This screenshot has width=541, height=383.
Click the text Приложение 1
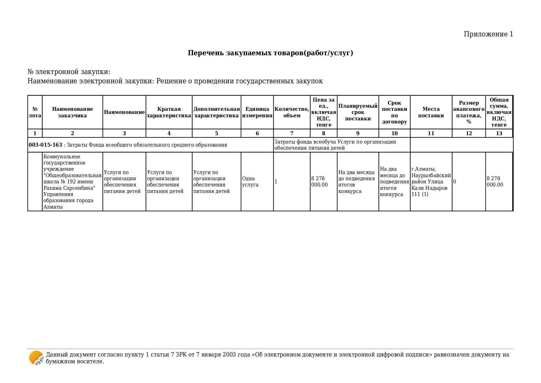(x=488, y=34)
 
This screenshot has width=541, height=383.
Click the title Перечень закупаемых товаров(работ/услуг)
(x=270, y=53)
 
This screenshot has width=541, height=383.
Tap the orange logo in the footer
(x=36, y=358)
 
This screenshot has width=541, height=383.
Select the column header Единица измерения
(x=257, y=112)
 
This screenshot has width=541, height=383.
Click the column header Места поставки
(x=431, y=112)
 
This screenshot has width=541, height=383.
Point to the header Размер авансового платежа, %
(x=469, y=112)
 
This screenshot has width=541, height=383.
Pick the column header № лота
(x=35, y=112)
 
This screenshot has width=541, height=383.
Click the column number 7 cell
(x=291, y=133)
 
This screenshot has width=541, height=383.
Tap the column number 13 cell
(x=499, y=133)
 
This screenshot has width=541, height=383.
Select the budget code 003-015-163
(x=45, y=145)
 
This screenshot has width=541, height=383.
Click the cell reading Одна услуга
(x=250, y=181)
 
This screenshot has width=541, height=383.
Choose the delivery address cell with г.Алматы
(x=431, y=181)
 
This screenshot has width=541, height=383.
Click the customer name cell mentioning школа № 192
(x=72, y=181)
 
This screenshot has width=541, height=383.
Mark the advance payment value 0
(x=455, y=181)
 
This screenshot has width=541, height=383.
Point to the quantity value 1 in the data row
(x=276, y=181)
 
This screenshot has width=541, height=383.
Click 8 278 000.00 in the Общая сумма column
(x=495, y=181)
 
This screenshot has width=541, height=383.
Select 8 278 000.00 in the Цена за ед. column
(x=319, y=181)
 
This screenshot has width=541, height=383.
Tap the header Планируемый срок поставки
(x=358, y=112)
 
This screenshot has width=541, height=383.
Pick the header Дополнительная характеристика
(x=216, y=112)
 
